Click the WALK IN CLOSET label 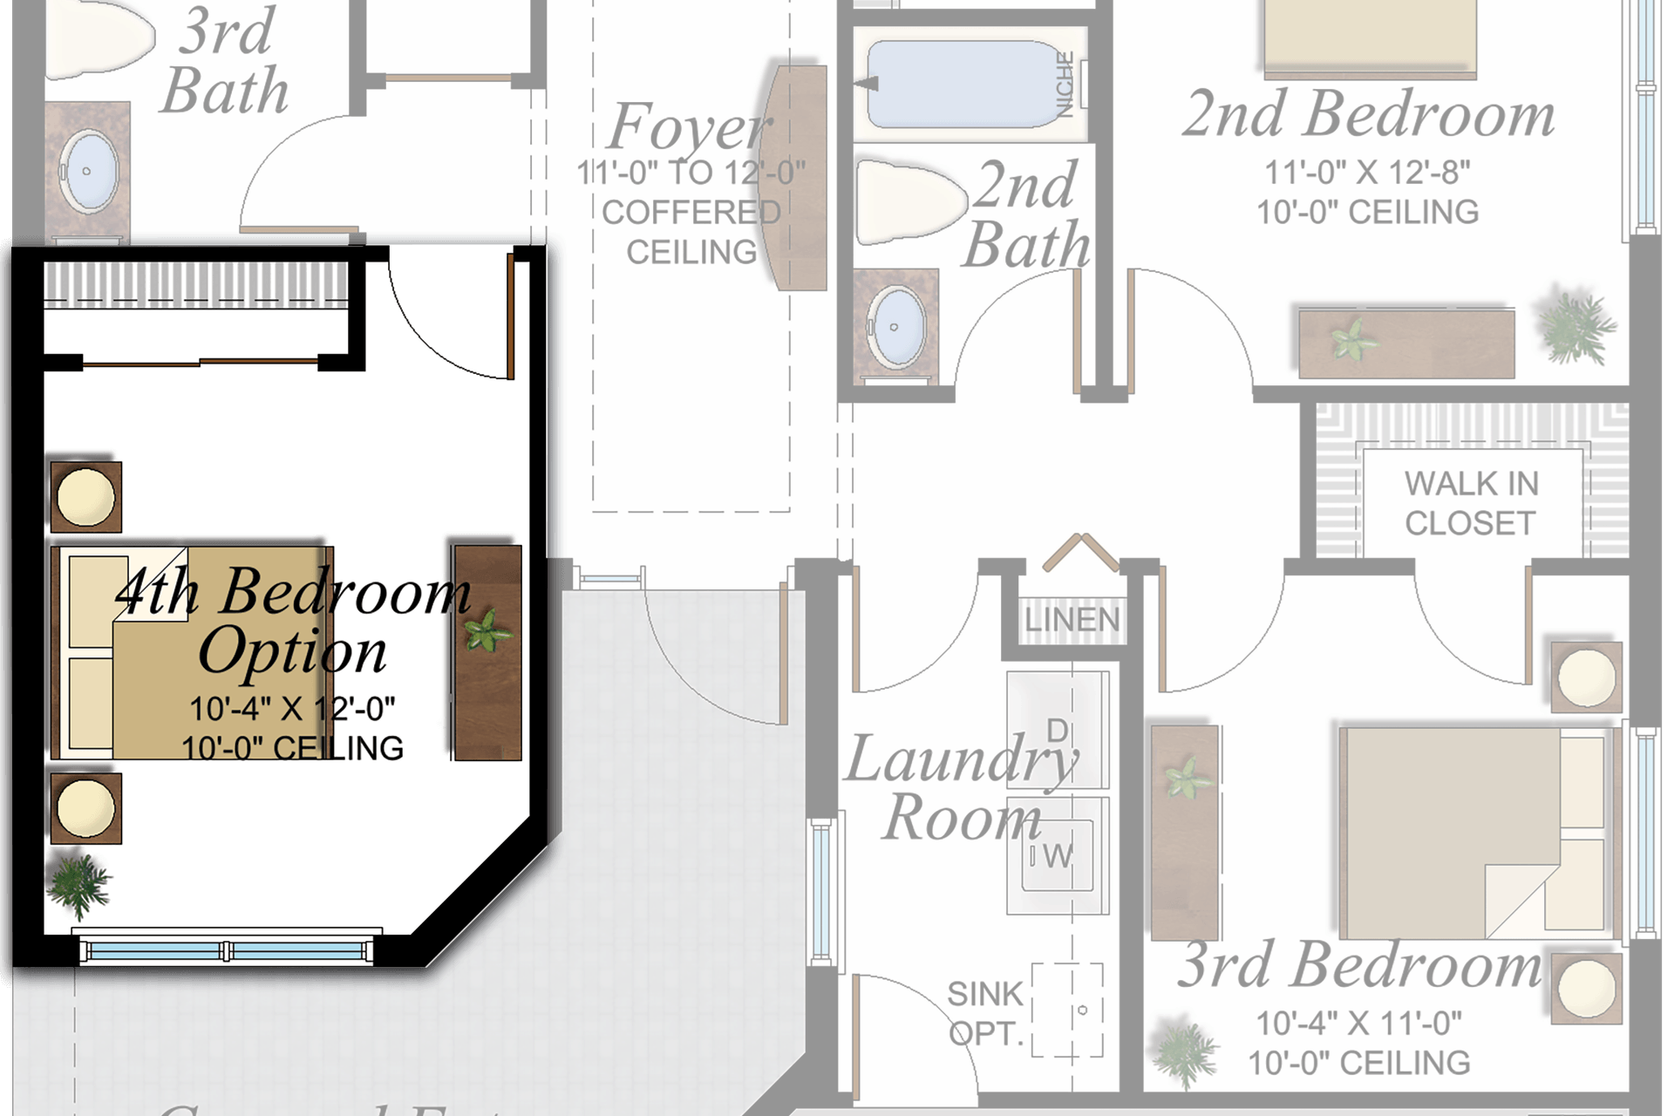[x=1471, y=503]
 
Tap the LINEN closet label [x=1072, y=620]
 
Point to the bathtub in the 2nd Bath [x=963, y=85]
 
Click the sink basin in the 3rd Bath [x=89, y=171]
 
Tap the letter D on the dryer [x=1057, y=731]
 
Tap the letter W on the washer [x=1058, y=856]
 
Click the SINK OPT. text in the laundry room [x=985, y=1013]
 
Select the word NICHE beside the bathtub [x=1065, y=85]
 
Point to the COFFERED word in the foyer [x=691, y=212]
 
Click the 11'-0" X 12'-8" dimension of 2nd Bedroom [x=1366, y=173]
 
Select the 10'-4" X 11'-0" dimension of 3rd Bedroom [x=1358, y=1023]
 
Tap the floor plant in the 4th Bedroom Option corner [x=78, y=884]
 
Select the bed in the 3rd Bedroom [x=1473, y=833]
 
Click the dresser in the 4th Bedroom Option [x=487, y=652]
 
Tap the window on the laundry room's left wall [x=821, y=891]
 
